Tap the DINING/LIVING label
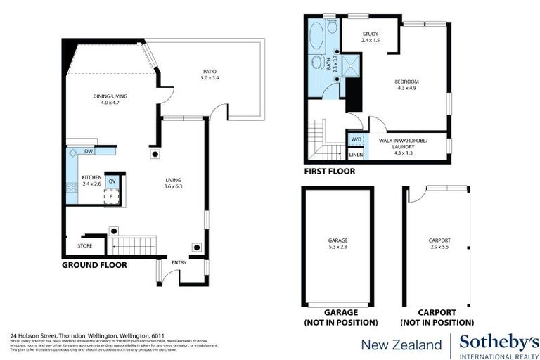110,96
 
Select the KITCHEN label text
91,177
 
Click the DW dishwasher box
89,151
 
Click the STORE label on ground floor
84,246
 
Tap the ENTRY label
179,262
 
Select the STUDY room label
371,34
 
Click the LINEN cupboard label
356,155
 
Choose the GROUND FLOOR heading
94,265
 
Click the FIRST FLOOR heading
329,171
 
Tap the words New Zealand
401,344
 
